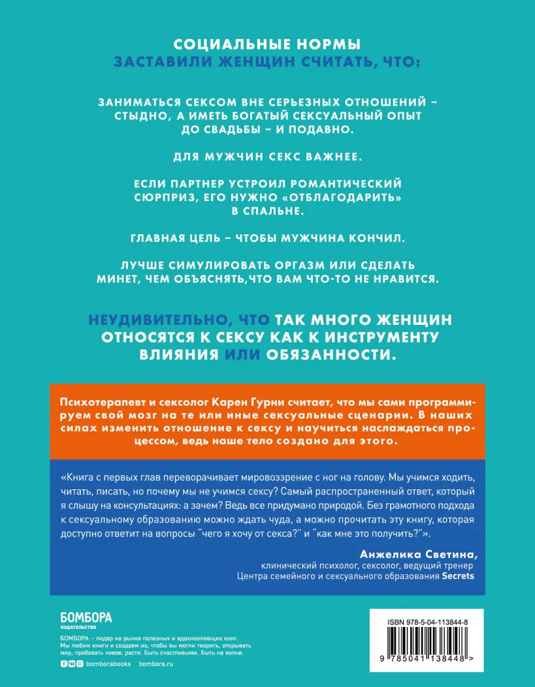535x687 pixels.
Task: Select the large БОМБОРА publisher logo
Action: pos(86,617)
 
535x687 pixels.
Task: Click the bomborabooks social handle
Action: pos(109,664)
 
